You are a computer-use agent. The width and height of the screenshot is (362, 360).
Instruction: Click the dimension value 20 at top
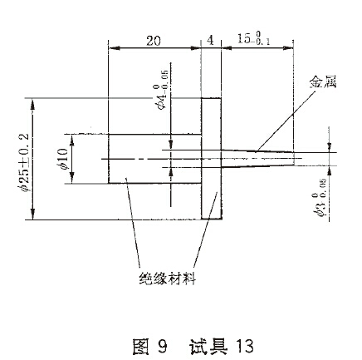pyautogui.click(x=154, y=41)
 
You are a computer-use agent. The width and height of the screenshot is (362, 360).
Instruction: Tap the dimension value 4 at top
pyautogui.click(x=210, y=41)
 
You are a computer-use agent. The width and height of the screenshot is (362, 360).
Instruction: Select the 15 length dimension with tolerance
pyautogui.click(x=253, y=38)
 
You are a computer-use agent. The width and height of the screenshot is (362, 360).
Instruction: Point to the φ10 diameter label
pyautogui.click(x=63, y=159)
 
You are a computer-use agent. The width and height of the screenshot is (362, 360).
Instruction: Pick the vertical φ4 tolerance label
pyautogui.click(x=162, y=90)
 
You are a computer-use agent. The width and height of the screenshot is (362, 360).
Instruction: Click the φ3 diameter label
pyautogui.click(x=320, y=201)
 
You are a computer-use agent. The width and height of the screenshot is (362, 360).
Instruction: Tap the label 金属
pyautogui.click(x=323, y=82)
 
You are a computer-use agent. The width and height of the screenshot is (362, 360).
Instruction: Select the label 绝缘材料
pyautogui.click(x=168, y=279)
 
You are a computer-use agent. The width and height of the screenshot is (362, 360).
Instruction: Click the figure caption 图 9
pyautogui.click(x=149, y=346)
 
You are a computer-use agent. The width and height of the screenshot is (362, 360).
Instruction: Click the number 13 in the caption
pyautogui.click(x=245, y=347)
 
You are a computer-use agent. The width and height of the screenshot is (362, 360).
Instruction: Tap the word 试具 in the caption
pyautogui.click(x=208, y=346)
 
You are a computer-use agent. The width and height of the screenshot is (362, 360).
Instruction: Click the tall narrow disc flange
pyautogui.click(x=212, y=159)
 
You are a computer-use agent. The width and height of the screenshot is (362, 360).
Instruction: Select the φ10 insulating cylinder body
pyautogui.click(x=154, y=159)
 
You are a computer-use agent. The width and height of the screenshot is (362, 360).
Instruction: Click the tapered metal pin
pyautogui.click(x=257, y=159)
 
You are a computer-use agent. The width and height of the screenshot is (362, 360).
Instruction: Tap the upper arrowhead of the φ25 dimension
pyautogui.click(x=32, y=106)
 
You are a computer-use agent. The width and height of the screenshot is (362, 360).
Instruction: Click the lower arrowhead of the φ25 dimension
pyautogui.click(x=32, y=213)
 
